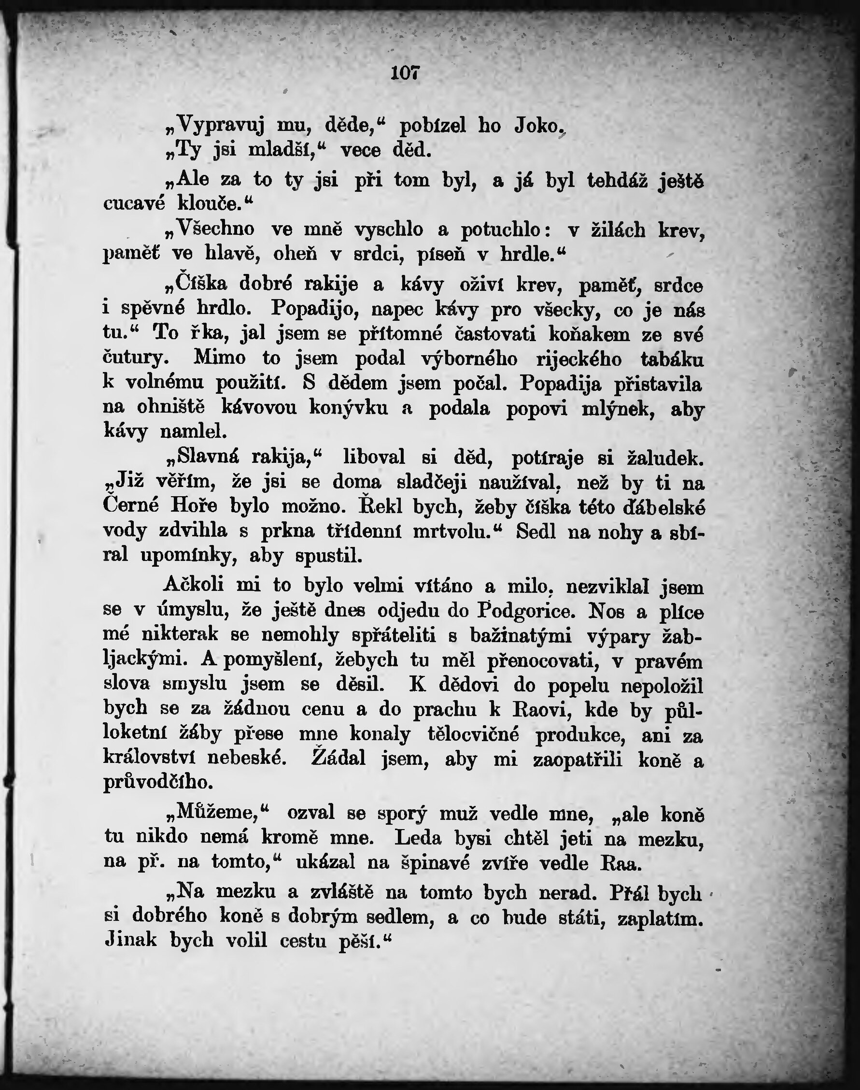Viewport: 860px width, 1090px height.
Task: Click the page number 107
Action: click(x=405, y=73)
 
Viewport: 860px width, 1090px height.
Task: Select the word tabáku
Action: click(x=672, y=359)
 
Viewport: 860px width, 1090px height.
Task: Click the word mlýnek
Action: click(x=618, y=408)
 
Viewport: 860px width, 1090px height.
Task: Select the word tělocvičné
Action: click(x=473, y=734)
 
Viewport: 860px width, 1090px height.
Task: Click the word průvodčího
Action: click(x=158, y=782)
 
